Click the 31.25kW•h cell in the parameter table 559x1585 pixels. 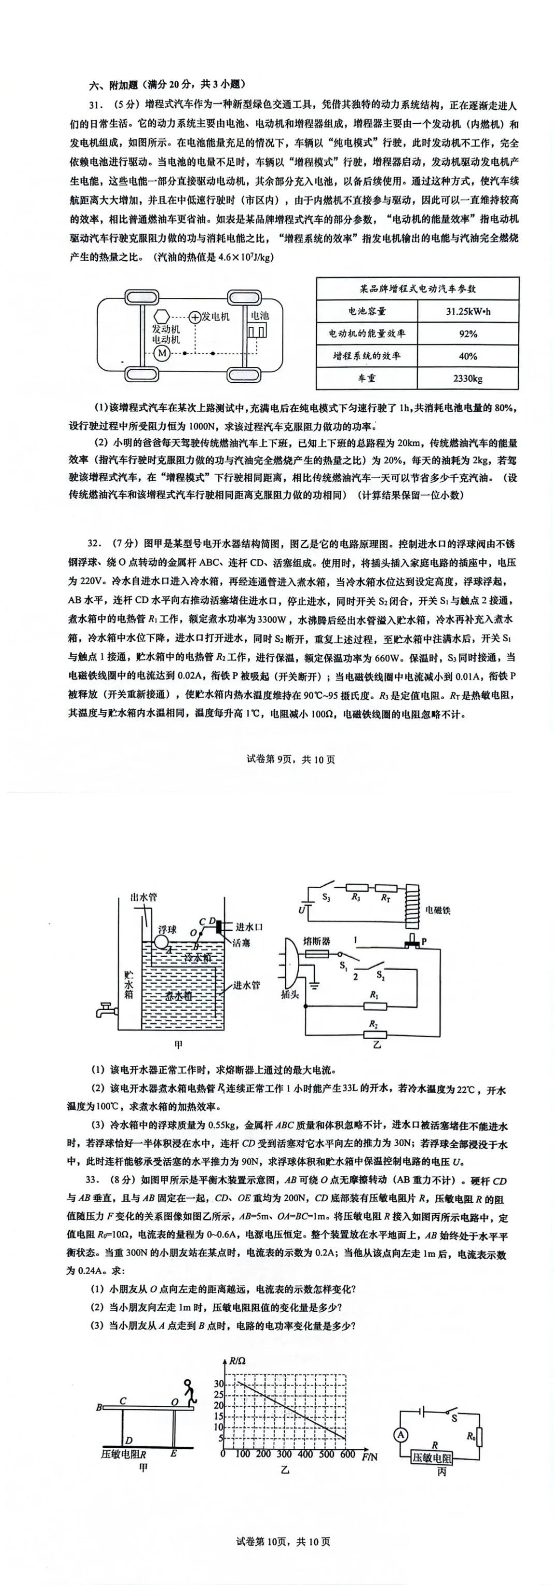[x=468, y=311]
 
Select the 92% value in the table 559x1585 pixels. [x=468, y=334]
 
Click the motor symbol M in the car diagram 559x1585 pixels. [x=163, y=353]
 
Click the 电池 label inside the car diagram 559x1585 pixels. [x=259, y=315]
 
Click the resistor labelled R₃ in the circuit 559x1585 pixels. [x=356, y=888]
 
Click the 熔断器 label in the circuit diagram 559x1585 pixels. [x=317, y=941]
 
